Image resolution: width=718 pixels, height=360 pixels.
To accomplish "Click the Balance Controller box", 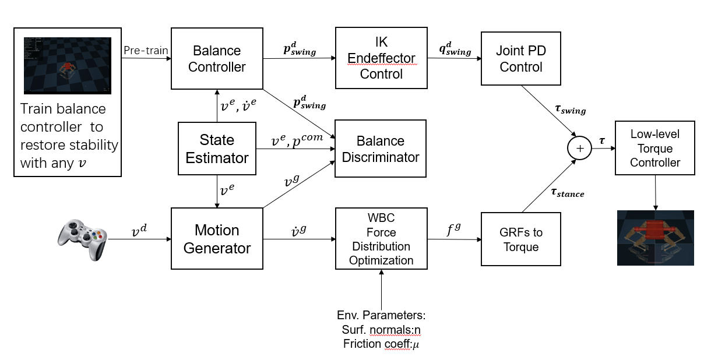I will pos(217,59).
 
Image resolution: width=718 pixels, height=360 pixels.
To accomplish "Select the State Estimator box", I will pos(217,149).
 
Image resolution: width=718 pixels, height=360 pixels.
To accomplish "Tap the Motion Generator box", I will pos(217,239).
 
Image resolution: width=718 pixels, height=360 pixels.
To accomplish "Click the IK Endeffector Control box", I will pos(381,58).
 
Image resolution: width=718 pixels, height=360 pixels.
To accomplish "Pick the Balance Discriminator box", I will pos(381,149).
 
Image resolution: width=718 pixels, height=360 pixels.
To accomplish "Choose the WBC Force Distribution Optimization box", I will pos(381,239).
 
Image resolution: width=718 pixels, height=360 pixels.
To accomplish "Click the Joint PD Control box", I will pos(521,59).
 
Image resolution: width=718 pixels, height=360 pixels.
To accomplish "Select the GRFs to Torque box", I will pos(521,239).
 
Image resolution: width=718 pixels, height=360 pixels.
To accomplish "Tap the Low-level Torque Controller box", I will pos(655,149).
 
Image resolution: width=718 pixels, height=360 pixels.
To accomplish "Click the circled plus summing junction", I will pos(579,149).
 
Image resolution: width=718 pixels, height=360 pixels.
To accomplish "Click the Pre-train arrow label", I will pos(146,51).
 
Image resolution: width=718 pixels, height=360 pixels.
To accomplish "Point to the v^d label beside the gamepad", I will pos(138,231).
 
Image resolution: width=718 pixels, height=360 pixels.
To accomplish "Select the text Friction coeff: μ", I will pos(381,344).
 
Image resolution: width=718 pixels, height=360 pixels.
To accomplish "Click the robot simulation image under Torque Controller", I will pos(655,238).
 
